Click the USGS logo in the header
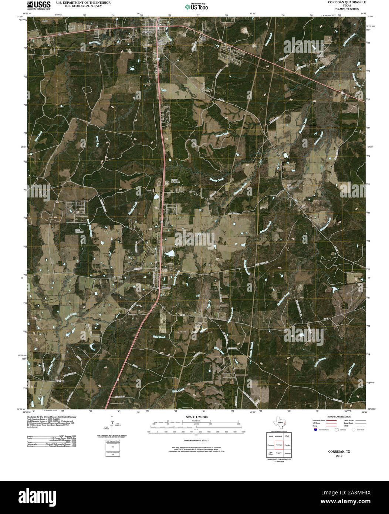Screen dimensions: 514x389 tap(39, 5)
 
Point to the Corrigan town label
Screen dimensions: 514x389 tap(147, 32)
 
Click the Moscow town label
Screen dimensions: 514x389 tap(165, 287)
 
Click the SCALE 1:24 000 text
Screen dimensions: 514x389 tap(197, 417)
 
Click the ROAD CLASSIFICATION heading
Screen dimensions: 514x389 tap(336, 417)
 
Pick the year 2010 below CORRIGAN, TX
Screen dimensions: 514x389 tap(339, 456)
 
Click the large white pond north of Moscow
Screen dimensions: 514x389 tap(169, 253)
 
